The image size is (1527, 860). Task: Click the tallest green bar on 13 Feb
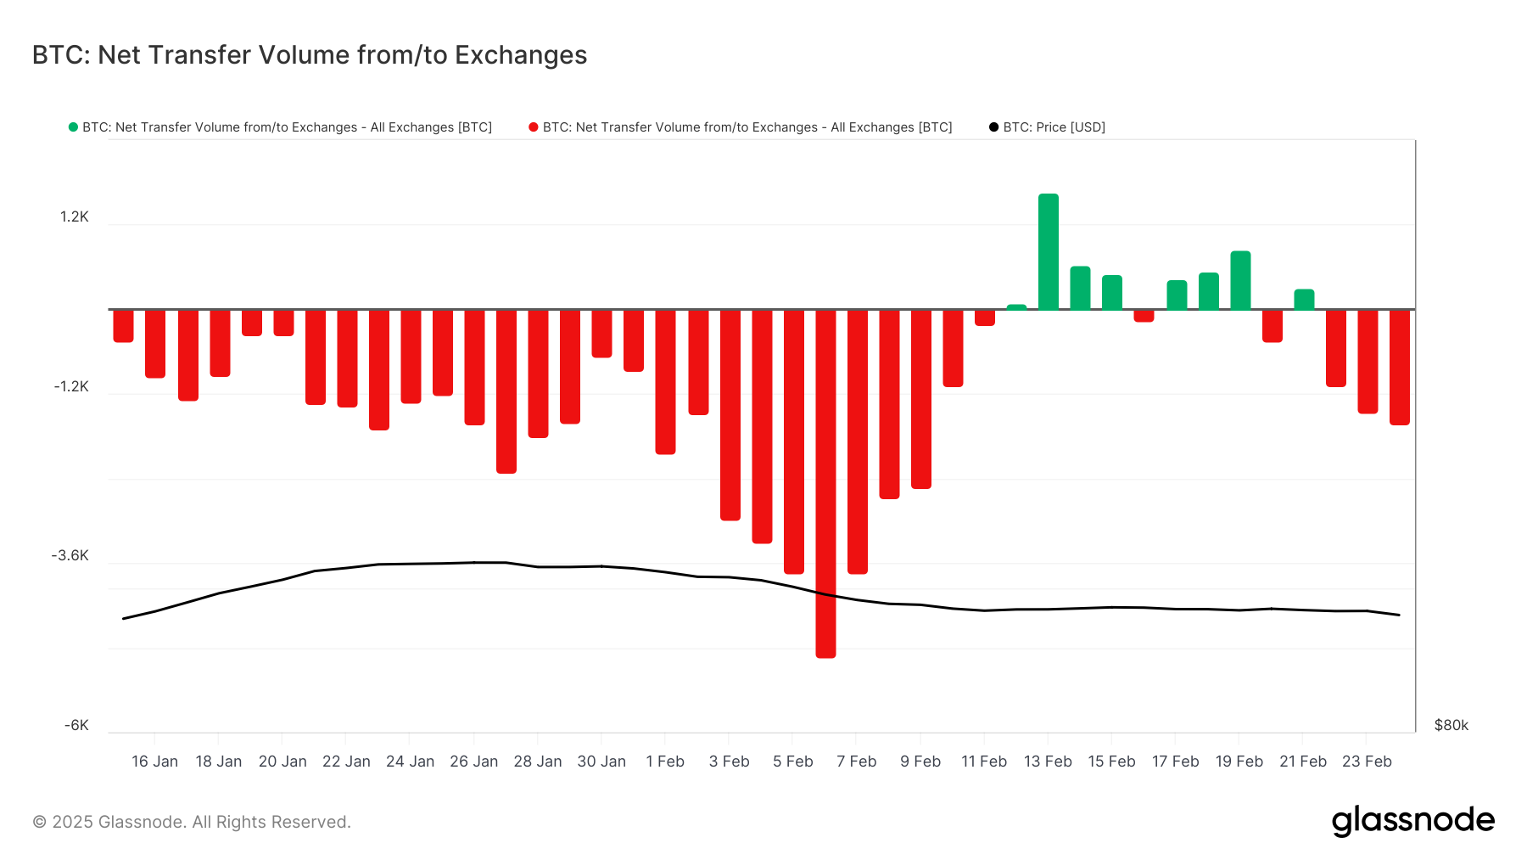(x=1048, y=252)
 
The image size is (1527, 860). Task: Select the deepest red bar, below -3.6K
(x=825, y=484)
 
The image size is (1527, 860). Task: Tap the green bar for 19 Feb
(x=1239, y=280)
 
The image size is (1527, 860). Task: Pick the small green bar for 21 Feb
(x=1304, y=300)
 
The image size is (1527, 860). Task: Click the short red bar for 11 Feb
(x=984, y=318)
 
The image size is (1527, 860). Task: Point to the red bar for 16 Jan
(x=155, y=343)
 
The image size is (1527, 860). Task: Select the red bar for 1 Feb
(x=665, y=382)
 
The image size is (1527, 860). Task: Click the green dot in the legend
(x=73, y=127)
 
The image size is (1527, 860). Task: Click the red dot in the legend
(x=534, y=127)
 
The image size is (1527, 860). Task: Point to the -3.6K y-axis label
(x=70, y=555)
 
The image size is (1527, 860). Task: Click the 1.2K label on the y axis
(x=74, y=216)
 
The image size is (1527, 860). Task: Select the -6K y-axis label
(x=76, y=725)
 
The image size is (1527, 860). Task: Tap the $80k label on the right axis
(x=1451, y=725)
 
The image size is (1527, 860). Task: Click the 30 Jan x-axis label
(x=601, y=762)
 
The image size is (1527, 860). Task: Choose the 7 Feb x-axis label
(x=856, y=762)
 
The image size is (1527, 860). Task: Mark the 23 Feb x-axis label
(x=1367, y=762)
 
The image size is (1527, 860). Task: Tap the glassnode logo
(x=1412, y=821)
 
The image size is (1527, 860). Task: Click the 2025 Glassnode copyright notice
(x=192, y=822)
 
